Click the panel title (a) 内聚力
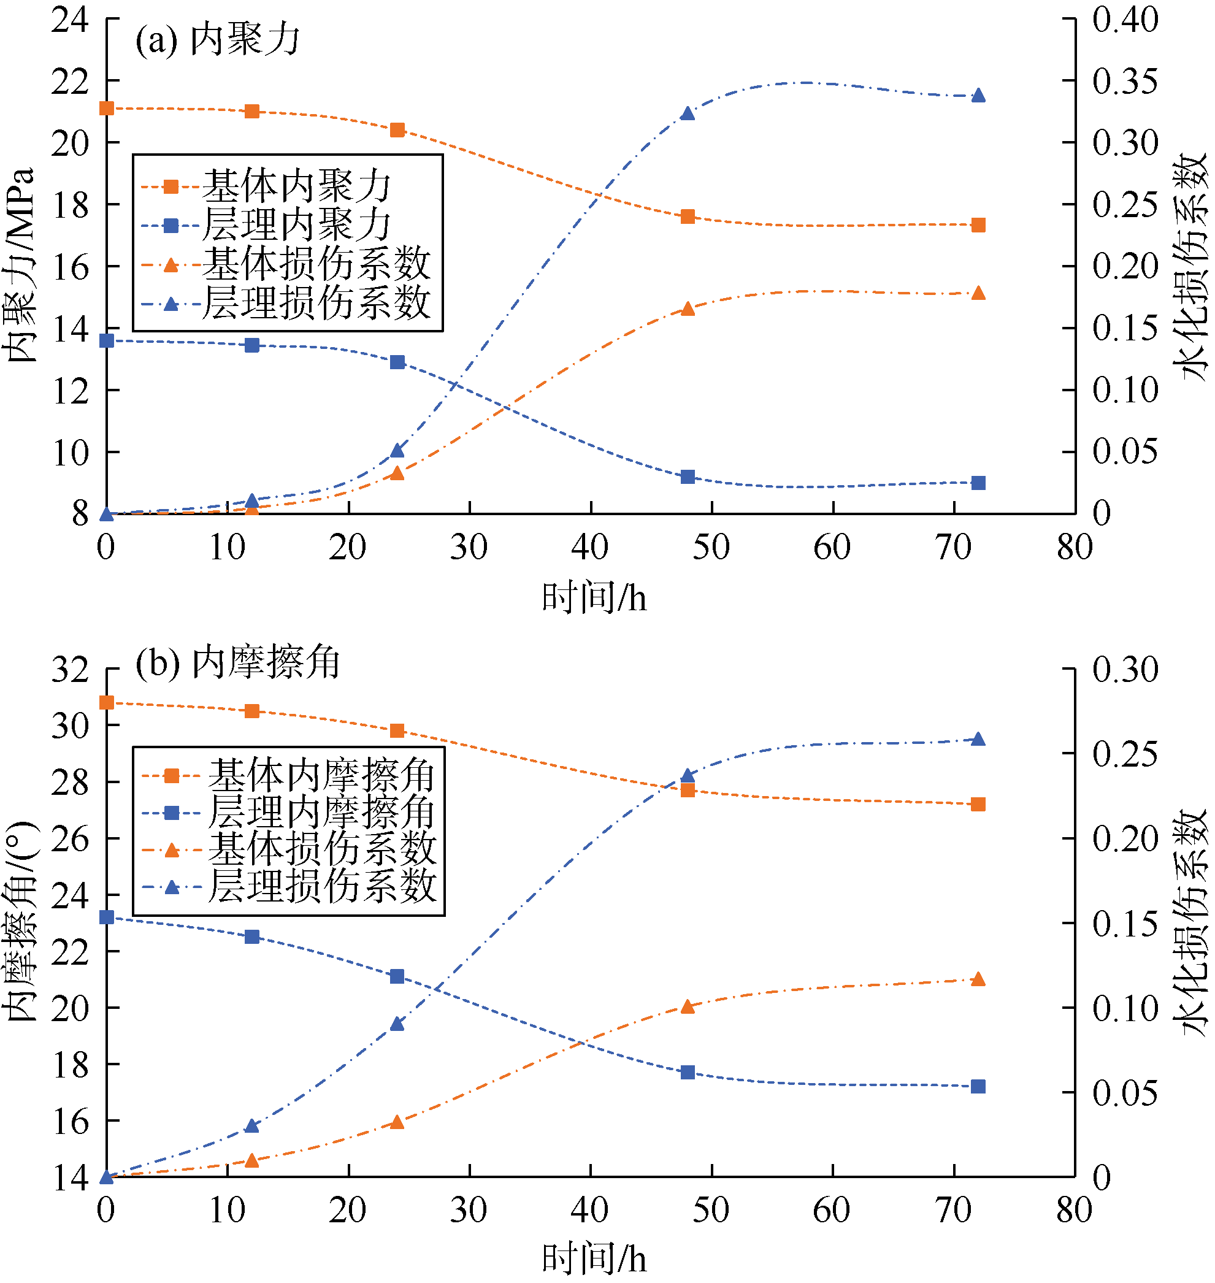pyautogui.click(x=218, y=40)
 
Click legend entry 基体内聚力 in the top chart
pyautogui.click(x=297, y=186)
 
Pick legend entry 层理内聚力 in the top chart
pyautogui.click(x=297, y=224)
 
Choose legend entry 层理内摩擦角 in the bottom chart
pyautogui.click(x=321, y=811)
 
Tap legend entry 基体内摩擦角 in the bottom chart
pyautogui.click(x=321, y=775)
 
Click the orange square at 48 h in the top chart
pyautogui.click(x=688, y=216)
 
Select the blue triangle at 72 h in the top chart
pyautogui.click(x=979, y=96)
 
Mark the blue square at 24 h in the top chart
pyautogui.click(x=397, y=362)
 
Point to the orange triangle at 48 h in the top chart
pyautogui.click(x=688, y=309)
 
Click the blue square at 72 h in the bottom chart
pyautogui.click(x=979, y=1086)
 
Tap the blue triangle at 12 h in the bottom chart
pyautogui.click(x=252, y=1125)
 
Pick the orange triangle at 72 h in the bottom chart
pyautogui.click(x=979, y=979)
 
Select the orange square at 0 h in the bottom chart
pyautogui.click(x=107, y=703)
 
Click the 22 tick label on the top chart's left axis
pyautogui.click(x=70, y=82)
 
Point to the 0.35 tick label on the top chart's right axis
pyautogui.click(x=1125, y=81)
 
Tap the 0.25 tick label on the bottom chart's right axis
pyautogui.click(x=1125, y=754)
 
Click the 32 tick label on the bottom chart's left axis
pyautogui.click(x=70, y=669)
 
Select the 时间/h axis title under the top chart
pyautogui.click(x=594, y=597)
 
